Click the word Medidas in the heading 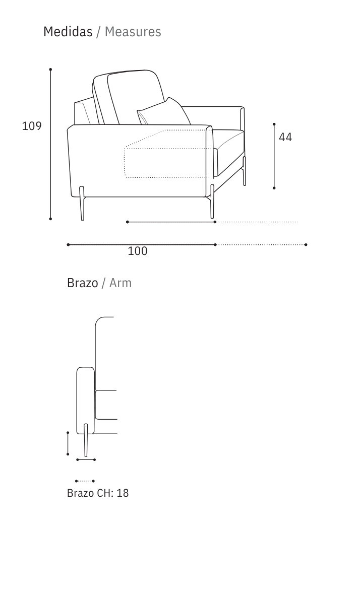[x=68, y=32]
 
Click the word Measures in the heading [x=133, y=32]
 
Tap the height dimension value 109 [x=32, y=126]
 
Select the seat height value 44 [x=285, y=137]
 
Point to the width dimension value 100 [x=138, y=251]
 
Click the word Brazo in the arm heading [x=83, y=283]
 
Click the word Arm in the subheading [x=121, y=283]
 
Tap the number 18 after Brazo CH [x=123, y=493]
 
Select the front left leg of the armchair [x=82, y=203]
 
